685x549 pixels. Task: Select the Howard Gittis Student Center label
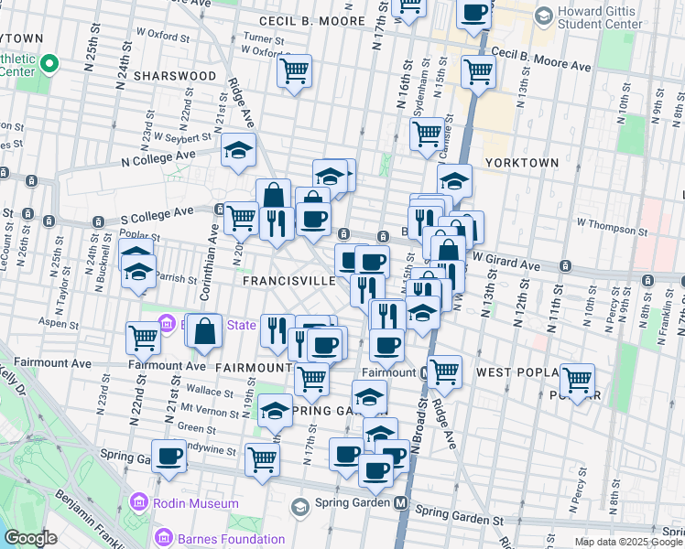613,23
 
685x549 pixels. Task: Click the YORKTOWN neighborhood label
522,162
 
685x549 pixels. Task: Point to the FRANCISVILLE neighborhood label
288,281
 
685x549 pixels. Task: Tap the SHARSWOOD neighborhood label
175,76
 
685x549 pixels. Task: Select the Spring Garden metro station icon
400,503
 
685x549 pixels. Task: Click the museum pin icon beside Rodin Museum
138,502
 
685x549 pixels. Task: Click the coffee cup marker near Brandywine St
169,456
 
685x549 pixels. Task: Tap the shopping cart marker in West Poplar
577,379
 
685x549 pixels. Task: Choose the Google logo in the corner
30,538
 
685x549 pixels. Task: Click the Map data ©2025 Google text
628,542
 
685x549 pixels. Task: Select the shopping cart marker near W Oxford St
295,70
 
